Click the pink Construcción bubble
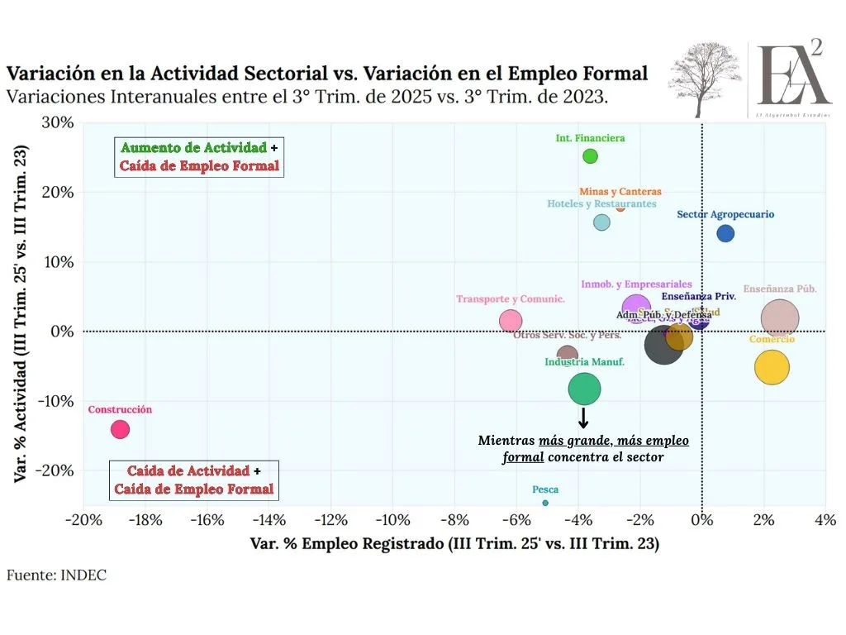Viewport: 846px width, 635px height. pos(120,429)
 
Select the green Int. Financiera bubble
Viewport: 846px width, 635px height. pos(590,156)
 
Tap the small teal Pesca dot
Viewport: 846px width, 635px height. pos(545,503)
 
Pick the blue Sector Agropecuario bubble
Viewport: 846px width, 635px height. pos(725,233)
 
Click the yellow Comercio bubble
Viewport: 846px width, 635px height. pos(772,367)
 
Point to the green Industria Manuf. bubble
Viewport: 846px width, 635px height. pos(584,389)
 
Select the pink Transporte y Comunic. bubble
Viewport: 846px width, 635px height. pos(511,321)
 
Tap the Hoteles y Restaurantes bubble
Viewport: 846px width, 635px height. pos(601,222)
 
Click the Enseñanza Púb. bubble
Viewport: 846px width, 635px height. pos(780,318)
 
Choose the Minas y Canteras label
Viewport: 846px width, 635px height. pos(620,192)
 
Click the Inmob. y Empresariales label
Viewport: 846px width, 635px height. pos(636,284)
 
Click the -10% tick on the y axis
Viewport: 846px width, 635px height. pos(56,401)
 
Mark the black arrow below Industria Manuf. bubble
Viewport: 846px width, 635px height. pos(583,418)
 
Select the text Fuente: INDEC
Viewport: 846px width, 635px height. pos(56,575)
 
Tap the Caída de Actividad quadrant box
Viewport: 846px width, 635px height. pos(194,480)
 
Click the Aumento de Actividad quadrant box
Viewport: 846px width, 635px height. pos(200,156)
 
